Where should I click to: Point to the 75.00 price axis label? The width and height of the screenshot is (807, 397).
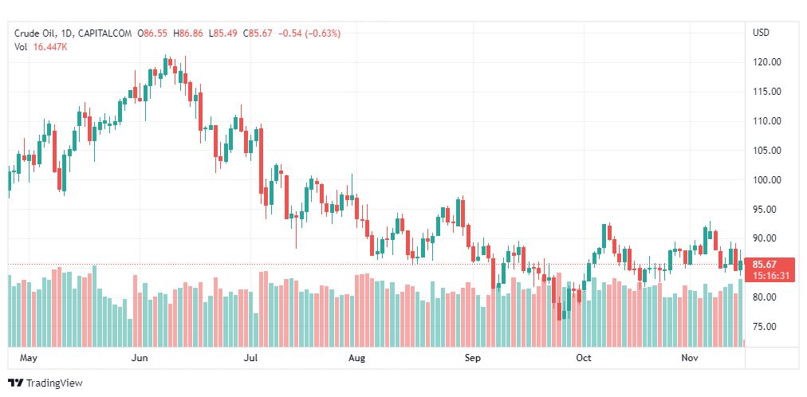coord(766,327)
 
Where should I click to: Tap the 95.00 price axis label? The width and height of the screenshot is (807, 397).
coord(766,210)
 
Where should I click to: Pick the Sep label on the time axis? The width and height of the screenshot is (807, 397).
coord(473,358)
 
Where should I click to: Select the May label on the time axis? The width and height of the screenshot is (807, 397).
coord(29,358)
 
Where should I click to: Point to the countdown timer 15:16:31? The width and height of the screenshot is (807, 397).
coord(770,276)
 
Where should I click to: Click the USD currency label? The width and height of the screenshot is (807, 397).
coord(761,33)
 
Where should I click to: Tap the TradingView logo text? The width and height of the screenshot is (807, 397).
coord(54,383)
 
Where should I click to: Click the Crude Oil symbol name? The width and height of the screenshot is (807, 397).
coord(36,33)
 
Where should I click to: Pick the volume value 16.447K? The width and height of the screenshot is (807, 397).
coord(50,47)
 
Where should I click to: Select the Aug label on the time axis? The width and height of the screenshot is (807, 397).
coord(356,358)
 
